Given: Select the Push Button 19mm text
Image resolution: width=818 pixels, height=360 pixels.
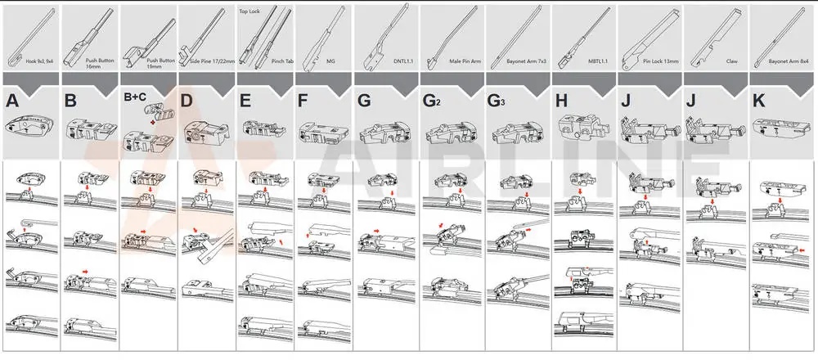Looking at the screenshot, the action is tap(164, 61).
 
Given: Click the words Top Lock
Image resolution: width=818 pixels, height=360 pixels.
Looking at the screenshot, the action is tap(249, 12).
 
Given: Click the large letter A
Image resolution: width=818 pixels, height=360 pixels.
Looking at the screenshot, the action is tap(12, 101).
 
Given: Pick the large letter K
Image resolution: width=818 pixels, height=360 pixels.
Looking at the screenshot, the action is tap(758, 101).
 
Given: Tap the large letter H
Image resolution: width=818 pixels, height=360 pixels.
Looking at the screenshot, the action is tap(560, 101).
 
